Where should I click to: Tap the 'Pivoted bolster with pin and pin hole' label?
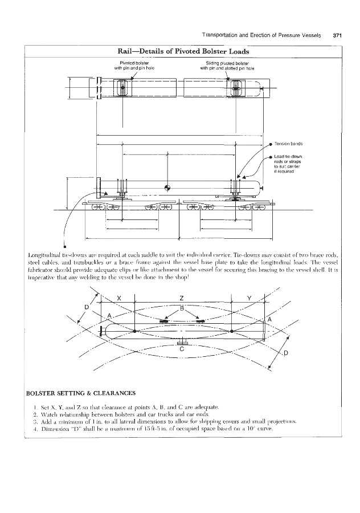(x=134, y=64)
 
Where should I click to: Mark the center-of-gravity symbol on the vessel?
(x=167, y=187)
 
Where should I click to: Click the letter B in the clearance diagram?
(x=182, y=308)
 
